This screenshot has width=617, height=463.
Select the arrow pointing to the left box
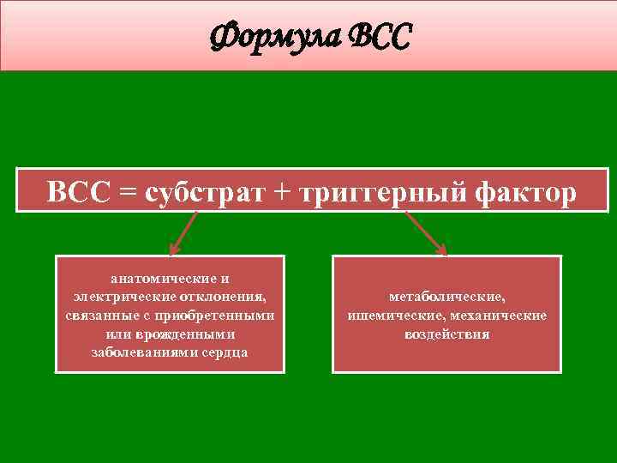pos(183,234)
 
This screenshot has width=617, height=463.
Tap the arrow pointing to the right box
pos(426,234)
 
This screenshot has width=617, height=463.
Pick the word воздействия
pos(446,334)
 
